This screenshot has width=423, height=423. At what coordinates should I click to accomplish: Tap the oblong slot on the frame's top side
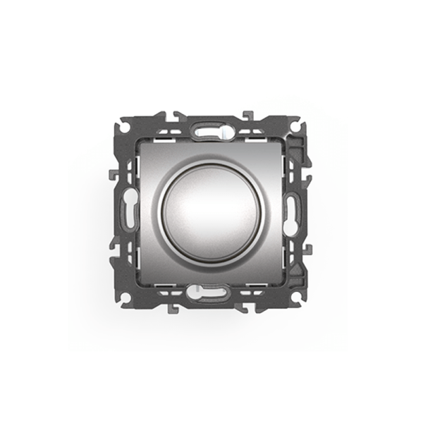tap(209, 130)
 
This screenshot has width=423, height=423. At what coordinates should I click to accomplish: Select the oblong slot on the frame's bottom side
tap(209, 290)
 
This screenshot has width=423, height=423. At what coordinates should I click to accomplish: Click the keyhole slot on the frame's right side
tap(291, 209)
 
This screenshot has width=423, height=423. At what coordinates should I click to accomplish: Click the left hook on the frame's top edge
tap(174, 115)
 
